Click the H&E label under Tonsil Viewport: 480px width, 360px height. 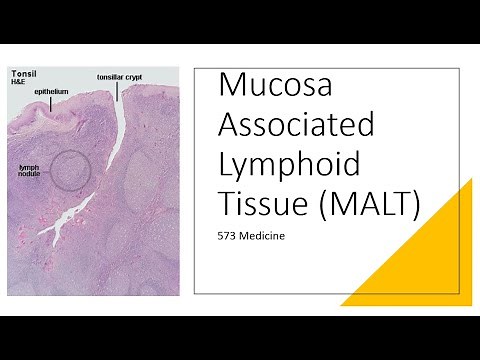(x=19, y=81)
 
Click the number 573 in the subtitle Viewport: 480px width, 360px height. (x=229, y=239)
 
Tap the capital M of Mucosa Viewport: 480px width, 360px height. (x=232, y=88)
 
